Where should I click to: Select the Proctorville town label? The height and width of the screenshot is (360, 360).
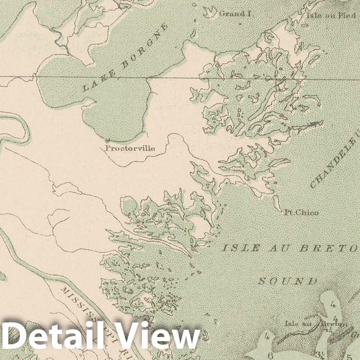click(x=131, y=148)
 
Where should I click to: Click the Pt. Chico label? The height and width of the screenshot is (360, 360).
click(x=301, y=212)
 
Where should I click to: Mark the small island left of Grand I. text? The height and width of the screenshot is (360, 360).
click(x=209, y=11)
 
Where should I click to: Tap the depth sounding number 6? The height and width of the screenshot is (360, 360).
click(x=269, y=355)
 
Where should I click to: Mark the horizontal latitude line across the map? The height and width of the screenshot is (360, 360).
click(x=176, y=78)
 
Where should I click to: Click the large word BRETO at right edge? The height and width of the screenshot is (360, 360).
click(x=331, y=249)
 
